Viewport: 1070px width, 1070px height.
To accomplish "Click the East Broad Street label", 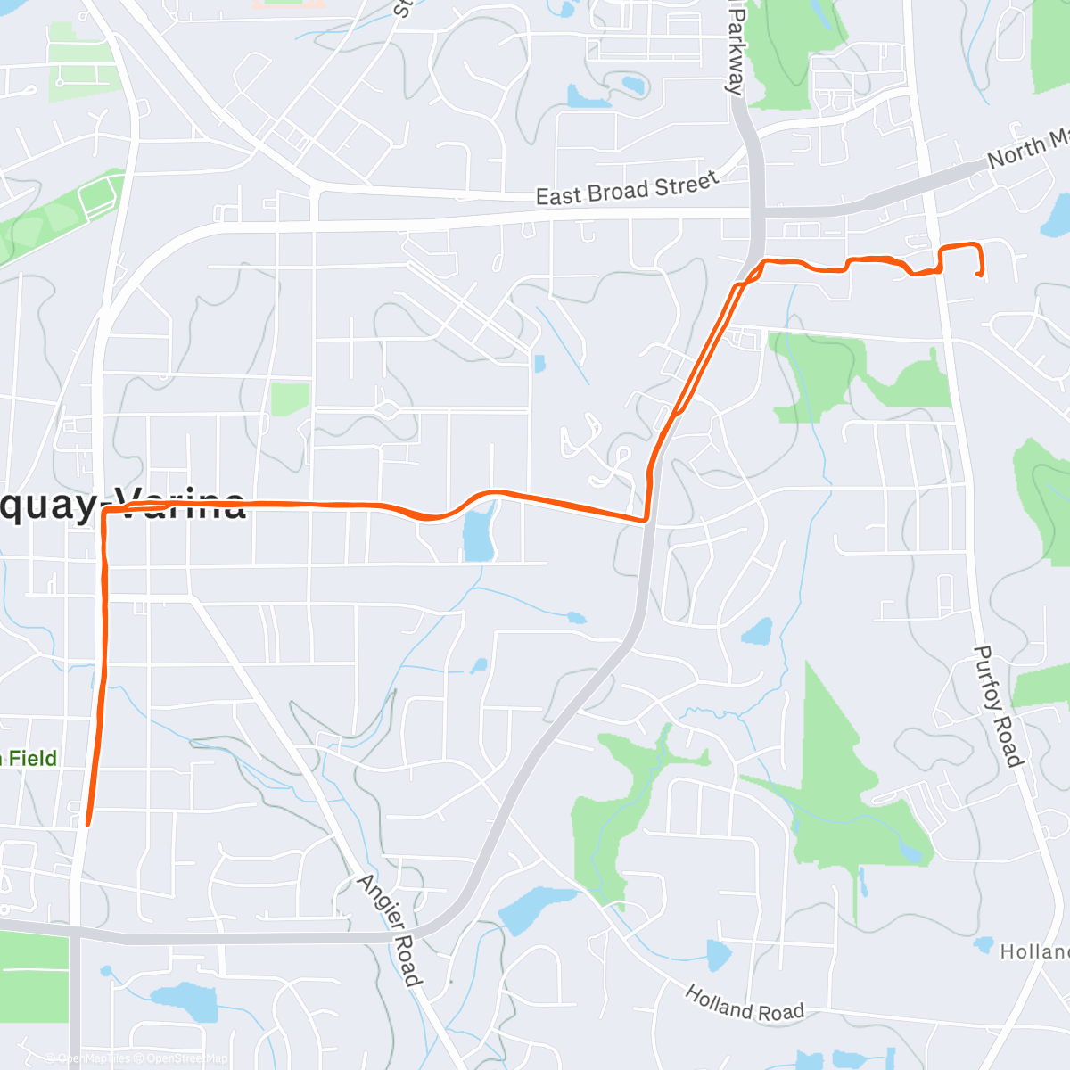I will coord(627,189).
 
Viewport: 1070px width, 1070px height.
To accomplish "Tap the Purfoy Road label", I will coord(997,706).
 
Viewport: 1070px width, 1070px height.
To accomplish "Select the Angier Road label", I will coord(390,930).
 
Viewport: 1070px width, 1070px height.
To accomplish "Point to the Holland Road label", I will coord(745,1005).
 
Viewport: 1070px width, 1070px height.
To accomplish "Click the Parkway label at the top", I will coord(735,49).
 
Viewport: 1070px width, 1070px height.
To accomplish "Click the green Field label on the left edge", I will coord(31,759).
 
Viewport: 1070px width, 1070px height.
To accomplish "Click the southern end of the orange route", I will coord(86,825).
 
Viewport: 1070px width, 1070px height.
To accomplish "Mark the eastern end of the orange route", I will coord(981,276).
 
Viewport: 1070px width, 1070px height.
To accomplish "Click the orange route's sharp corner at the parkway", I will coord(646,519).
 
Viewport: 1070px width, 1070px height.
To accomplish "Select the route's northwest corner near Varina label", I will coord(105,512).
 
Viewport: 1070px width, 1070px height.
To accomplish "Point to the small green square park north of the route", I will coord(290,399).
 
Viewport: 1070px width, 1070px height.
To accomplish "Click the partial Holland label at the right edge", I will coord(1034,952).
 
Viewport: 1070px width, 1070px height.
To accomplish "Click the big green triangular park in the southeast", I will coord(838,785).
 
